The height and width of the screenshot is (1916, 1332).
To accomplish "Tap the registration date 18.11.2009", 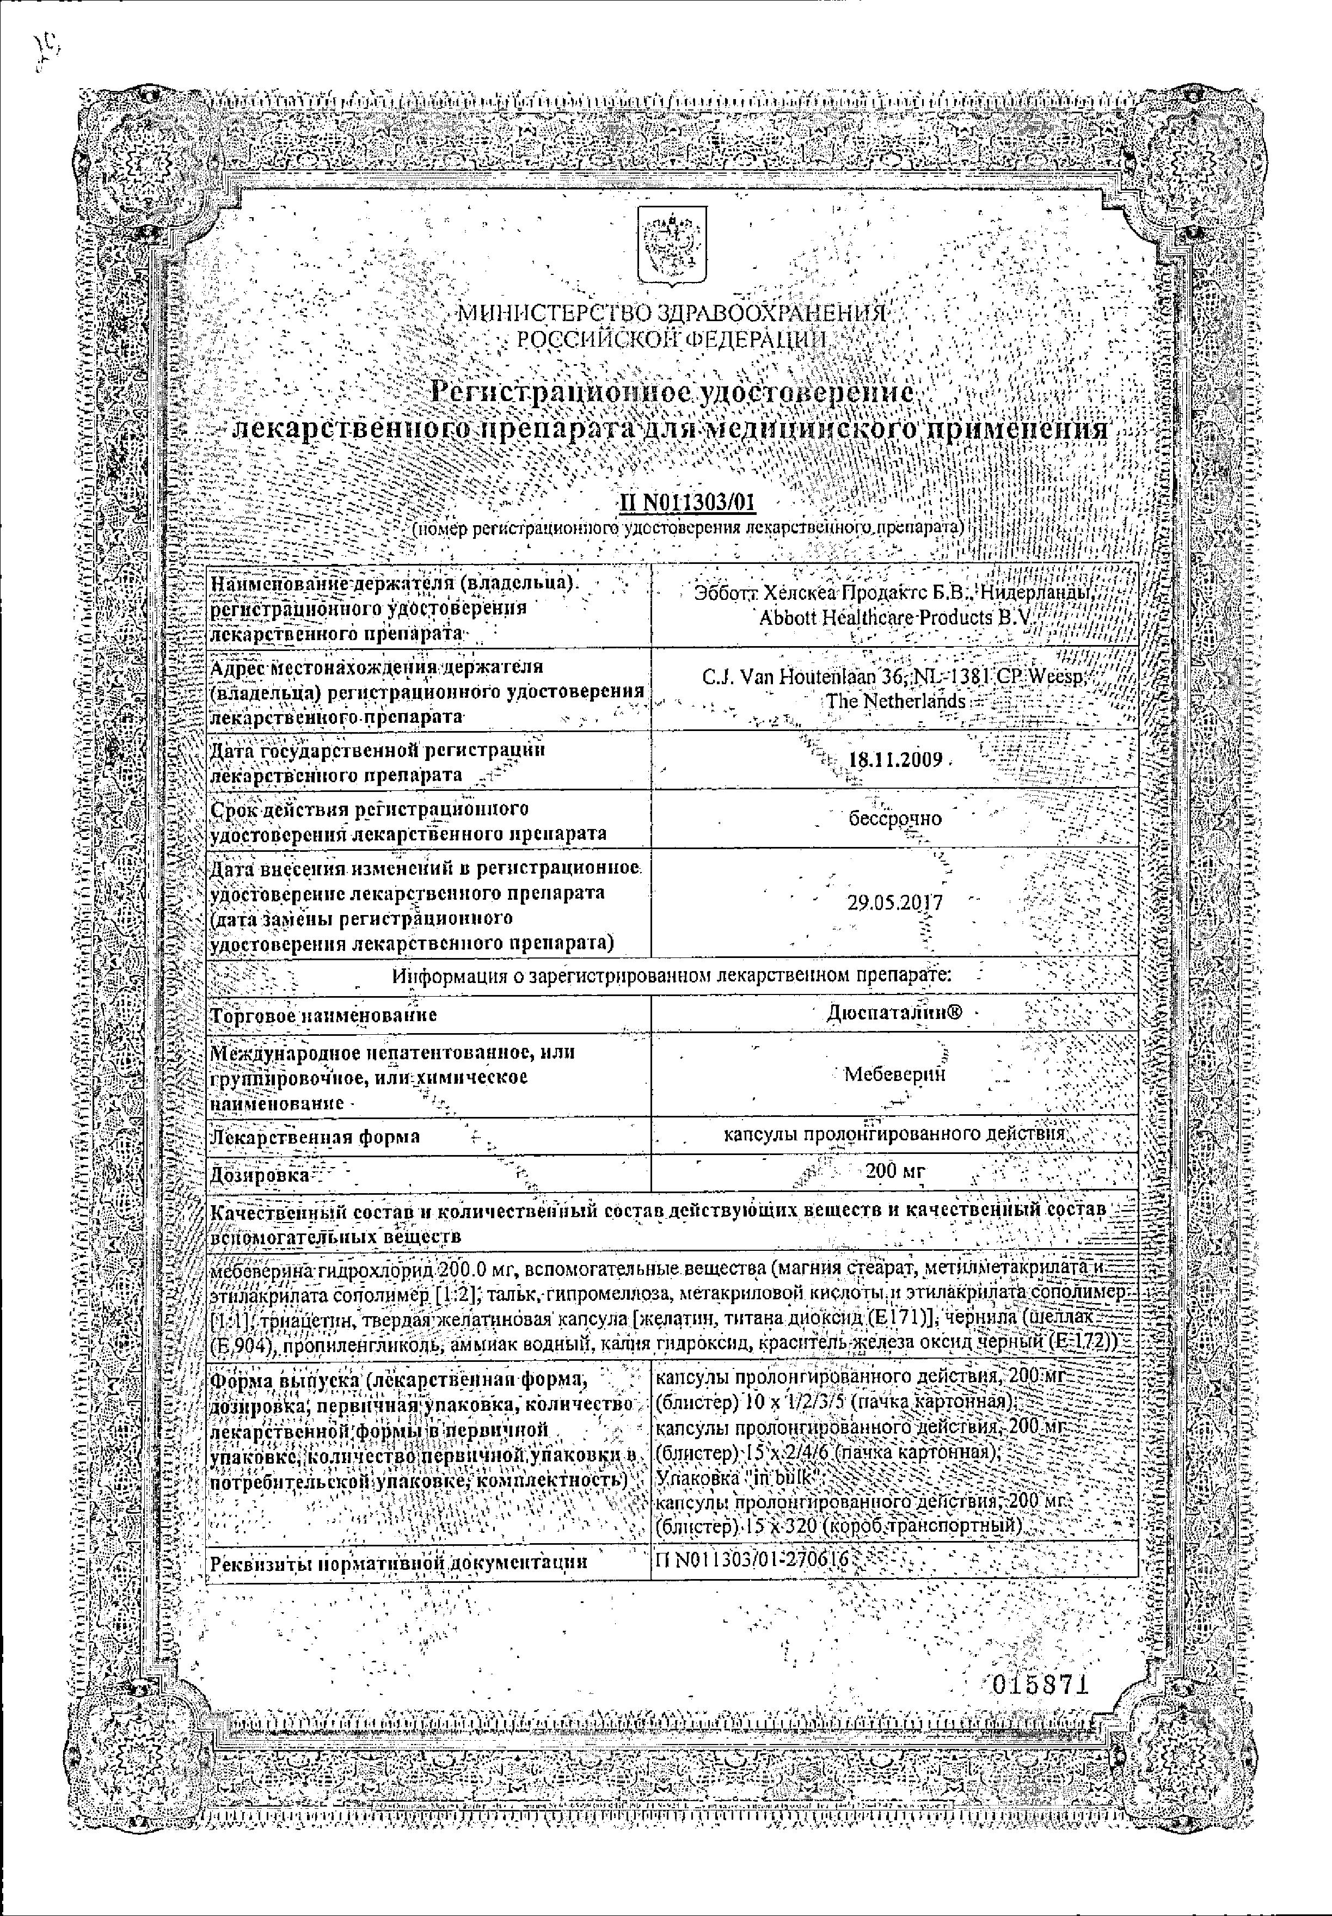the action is click(x=895, y=759).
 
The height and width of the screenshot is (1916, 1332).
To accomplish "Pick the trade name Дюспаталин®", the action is click(x=895, y=1012).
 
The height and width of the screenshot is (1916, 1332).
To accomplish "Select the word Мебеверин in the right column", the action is click(x=895, y=1074).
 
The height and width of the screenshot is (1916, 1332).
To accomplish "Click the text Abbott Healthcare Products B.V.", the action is click(x=895, y=618).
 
